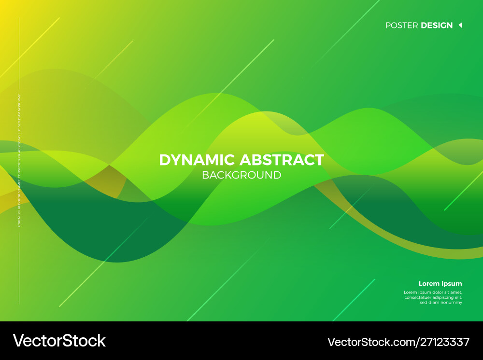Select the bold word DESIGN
(437, 25)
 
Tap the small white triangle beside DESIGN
(460, 25)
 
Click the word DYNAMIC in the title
(197, 160)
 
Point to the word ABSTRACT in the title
(282, 160)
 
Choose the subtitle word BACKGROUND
(241, 175)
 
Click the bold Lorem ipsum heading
(440, 284)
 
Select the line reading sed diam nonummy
(441, 303)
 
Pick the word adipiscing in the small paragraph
(444, 297)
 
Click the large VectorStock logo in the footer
(58, 341)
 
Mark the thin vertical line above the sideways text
(19, 53)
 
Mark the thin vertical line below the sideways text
(19, 268)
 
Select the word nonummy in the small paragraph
(452, 303)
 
